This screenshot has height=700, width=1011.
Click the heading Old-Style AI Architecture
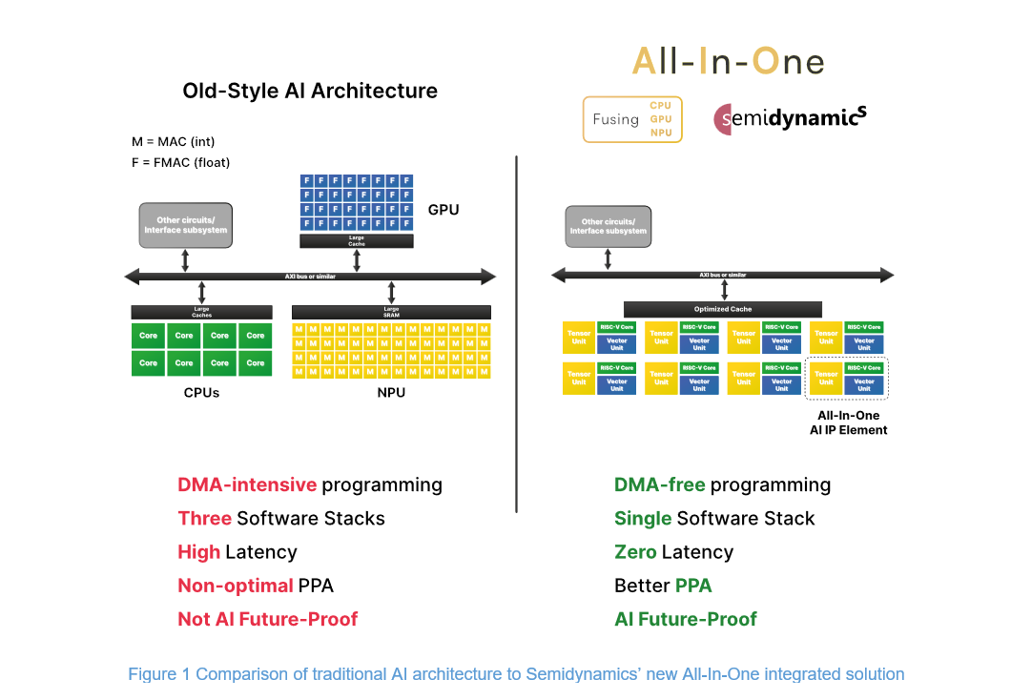click(x=310, y=91)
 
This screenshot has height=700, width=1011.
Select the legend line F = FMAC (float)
click(x=181, y=162)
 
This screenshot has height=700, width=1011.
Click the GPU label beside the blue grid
click(x=444, y=209)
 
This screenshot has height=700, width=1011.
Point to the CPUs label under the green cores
click(x=200, y=392)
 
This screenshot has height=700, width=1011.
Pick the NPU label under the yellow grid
click(x=391, y=392)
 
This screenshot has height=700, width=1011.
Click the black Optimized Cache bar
click(x=722, y=309)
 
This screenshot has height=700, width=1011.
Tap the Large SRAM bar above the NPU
click(x=391, y=312)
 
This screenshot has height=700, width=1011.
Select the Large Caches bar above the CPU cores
click(x=201, y=312)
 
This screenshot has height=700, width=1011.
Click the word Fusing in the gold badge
click(x=615, y=119)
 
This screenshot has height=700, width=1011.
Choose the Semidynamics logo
click(x=791, y=118)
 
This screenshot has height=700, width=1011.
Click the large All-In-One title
click(x=728, y=61)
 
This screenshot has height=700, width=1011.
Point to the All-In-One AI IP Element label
click(x=848, y=422)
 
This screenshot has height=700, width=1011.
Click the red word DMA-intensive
click(x=247, y=484)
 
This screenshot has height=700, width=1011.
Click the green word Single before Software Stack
click(x=643, y=519)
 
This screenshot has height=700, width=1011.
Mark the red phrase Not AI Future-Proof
click(x=267, y=619)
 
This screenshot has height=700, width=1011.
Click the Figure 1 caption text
click(x=516, y=674)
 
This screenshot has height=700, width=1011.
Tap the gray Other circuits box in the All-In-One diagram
click(x=609, y=227)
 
